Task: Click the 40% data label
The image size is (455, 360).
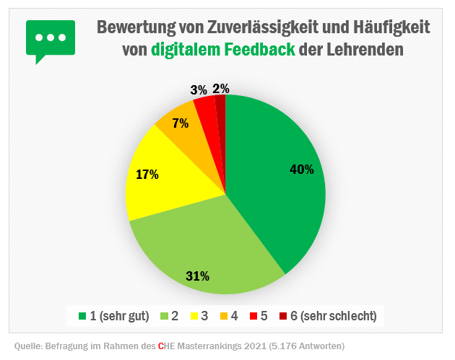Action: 301,170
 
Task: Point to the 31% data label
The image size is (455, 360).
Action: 197,276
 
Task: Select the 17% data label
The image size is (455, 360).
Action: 147,174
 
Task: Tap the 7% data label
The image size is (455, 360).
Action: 181,123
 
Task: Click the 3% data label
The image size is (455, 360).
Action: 199,90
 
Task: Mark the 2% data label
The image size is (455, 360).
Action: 221,89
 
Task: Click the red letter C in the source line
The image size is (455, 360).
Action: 161,346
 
